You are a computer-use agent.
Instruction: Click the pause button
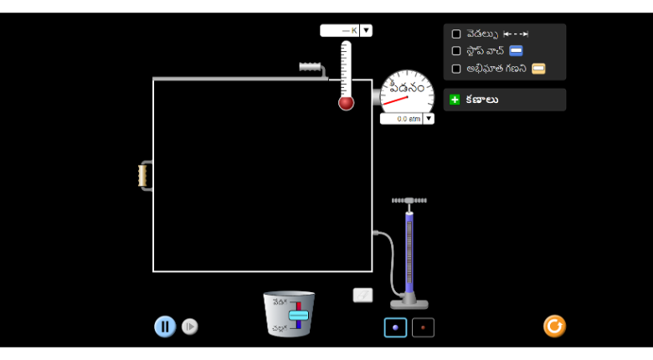point(165,327)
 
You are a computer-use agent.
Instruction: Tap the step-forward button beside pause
point(190,327)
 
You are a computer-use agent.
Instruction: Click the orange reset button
point(554,326)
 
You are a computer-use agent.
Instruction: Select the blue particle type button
point(395,327)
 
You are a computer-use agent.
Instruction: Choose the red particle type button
point(423,327)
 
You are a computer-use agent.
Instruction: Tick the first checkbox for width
point(456,34)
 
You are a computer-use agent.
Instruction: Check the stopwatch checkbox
point(456,51)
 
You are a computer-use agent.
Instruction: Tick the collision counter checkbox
point(456,69)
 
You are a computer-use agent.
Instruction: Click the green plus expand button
point(455,100)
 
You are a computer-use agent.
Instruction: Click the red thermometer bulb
point(346,103)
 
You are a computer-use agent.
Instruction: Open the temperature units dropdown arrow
point(367,31)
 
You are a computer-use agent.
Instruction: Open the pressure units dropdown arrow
point(429,119)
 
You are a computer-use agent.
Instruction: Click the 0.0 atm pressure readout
point(402,119)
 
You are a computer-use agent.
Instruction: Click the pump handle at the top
point(409,201)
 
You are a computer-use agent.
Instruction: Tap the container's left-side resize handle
point(143,175)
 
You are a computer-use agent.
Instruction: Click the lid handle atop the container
point(311,66)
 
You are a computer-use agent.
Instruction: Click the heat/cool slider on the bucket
point(298,315)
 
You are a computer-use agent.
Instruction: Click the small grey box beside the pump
point(362,295)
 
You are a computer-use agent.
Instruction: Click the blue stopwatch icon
point(516,51)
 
